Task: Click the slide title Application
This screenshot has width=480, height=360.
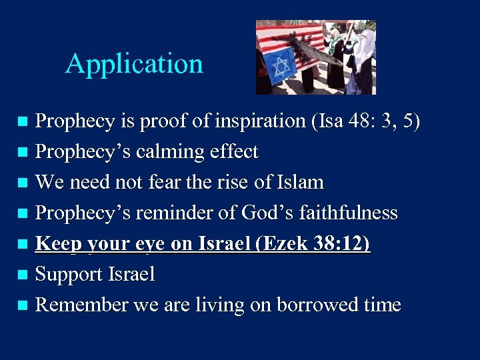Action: point(134,64)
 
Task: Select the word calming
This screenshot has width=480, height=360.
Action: point(164,152)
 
